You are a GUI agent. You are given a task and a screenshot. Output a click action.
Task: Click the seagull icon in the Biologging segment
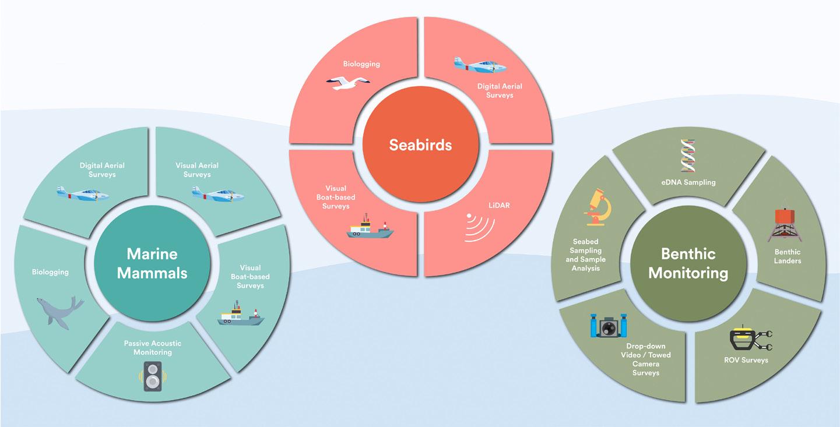click(347, 84)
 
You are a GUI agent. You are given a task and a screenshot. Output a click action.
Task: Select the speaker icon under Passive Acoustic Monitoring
click(152, 376)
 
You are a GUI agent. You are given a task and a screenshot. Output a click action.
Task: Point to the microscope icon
click(596, 207)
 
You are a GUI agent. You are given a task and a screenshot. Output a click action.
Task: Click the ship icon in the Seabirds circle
click(370, 227)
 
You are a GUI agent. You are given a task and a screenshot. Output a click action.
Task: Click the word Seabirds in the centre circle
click(420, 144)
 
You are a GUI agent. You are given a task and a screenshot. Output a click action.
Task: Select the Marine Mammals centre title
click(152, 263)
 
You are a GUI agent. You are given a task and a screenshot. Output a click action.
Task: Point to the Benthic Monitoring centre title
click(688, 263)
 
